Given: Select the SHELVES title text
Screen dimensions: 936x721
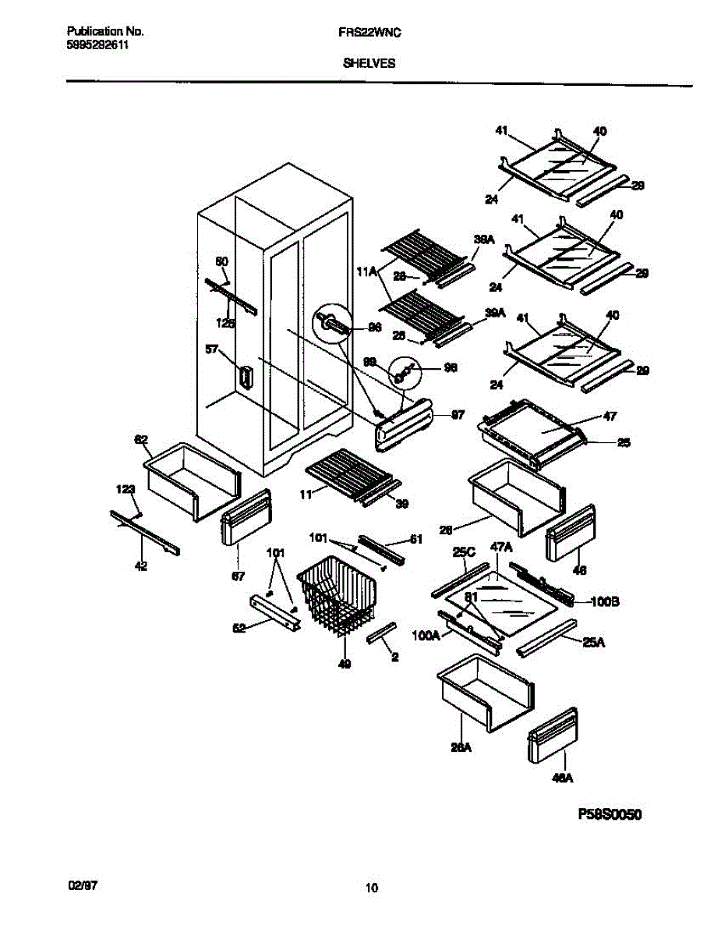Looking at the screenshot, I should coord(369,66).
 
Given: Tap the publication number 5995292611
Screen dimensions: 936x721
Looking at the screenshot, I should coord(97,45).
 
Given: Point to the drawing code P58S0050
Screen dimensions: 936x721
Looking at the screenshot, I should coord(610,815).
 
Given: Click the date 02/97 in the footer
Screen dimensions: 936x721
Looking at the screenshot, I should coord(83,886).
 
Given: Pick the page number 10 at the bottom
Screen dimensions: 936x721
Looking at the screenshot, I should coord(371,888).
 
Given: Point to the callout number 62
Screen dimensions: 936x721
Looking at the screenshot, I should coord(141,440).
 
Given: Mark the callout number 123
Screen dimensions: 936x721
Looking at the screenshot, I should coord(126,489).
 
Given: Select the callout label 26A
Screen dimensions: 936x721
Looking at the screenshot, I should coord(461,746).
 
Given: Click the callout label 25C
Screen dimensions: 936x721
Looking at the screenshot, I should coord(464,551).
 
